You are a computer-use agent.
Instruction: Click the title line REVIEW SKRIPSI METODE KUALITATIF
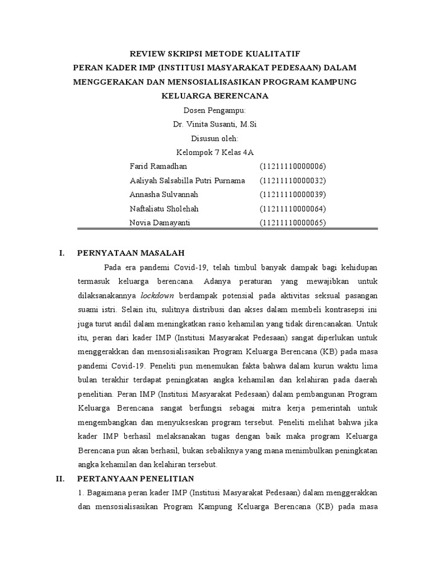click(x=215, y=54)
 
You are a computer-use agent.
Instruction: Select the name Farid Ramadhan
click(x=158, y=167)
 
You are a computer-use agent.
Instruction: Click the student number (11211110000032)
click(x=292, y=181)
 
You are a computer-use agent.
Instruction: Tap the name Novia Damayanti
click(x=159, y=223)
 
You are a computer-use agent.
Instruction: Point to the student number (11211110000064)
click(x=292, y=209)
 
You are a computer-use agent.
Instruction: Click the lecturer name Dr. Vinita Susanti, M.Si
click(x=215, y=124)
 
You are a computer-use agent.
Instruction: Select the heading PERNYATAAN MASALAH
click(x=130, y=253)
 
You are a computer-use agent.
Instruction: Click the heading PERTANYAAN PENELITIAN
click(x=135, y=478)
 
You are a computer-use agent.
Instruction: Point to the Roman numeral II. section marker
click(x=64, y=478)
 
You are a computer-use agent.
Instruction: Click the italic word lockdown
click(x=157, y=295)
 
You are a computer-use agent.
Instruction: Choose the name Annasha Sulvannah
click(x=163, y=195)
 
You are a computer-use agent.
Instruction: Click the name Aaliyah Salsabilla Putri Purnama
click(x=187, y=181)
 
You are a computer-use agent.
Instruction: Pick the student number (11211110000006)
click(x=292, y=167)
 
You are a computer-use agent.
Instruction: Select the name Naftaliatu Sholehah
click(x=164, y=209)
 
